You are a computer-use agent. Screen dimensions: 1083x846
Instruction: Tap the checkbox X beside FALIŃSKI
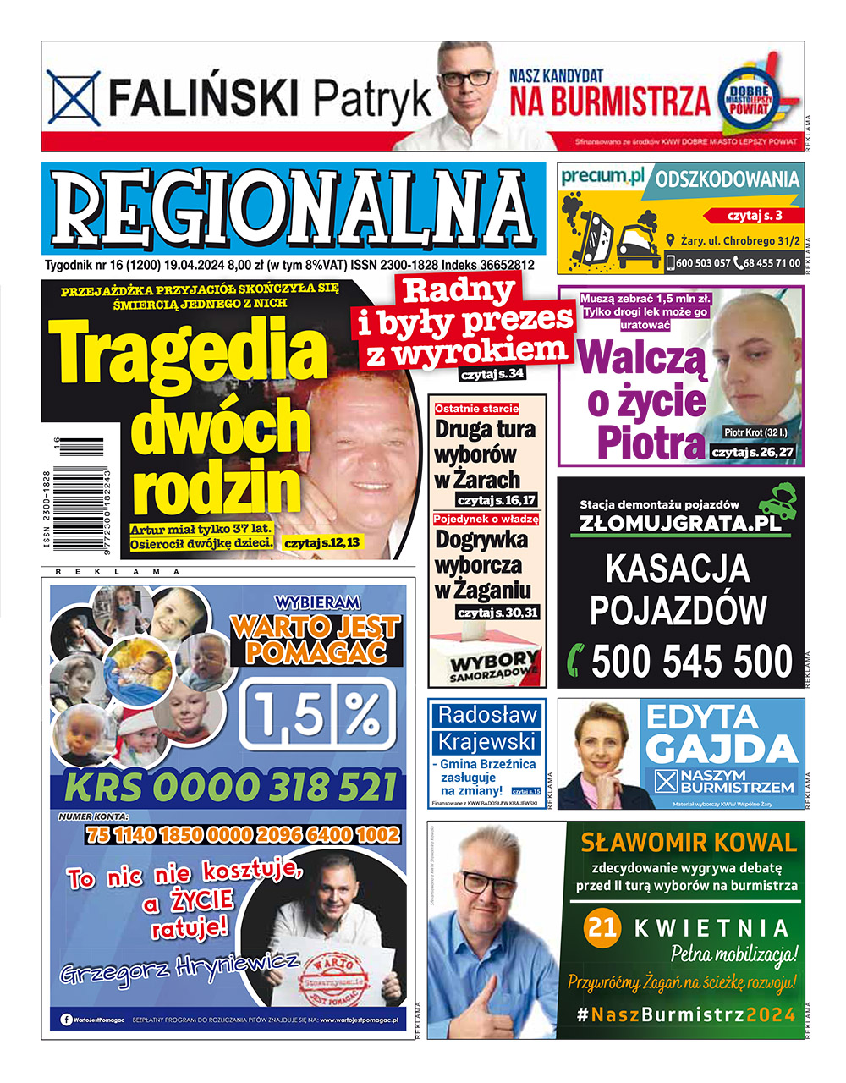point(74,98)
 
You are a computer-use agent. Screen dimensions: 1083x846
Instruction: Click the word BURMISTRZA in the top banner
point(609,101)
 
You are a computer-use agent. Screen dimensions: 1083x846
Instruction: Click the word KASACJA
point(678,569)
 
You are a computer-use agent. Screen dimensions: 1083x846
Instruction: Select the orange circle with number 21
point(602,927)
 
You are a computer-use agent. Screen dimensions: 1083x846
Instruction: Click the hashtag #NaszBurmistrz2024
point(686,1014)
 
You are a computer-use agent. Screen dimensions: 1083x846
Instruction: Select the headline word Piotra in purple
point(650,443)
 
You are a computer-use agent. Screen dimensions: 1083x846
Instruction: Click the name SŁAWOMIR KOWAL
point(688,842)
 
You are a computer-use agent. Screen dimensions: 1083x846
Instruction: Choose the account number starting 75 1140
point(242,835)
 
